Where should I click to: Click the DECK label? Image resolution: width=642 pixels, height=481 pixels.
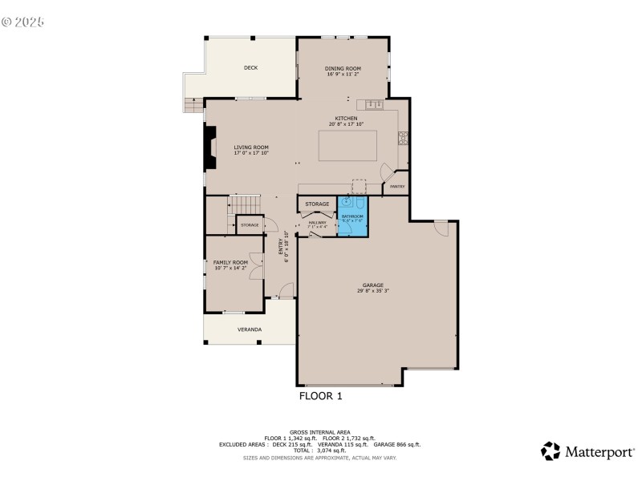(x=250, y=68)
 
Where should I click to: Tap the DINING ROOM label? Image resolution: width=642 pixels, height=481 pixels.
(x=343, y=68)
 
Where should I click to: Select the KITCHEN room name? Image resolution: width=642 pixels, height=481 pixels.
(x=346, y=119)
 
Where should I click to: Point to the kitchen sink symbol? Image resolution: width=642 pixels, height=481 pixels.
(x=375, y=104)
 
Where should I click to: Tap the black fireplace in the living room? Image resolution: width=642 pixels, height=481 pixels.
(x=210, y=150)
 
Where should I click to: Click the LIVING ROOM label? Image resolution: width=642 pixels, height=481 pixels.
(x=250, y=147)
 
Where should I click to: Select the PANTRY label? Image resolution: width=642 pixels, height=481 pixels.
(x=396, y=186)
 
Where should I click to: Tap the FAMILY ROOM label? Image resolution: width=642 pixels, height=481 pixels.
(x=230, y=262)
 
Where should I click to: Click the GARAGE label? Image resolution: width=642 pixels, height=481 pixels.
(x=372, y=285)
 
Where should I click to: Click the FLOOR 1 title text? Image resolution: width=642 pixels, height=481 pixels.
(x=321, y=395)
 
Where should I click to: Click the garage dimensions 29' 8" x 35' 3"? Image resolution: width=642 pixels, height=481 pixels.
(x=373, y=291)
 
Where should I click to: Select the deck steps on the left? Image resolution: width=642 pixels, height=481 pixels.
(x=191, y=104)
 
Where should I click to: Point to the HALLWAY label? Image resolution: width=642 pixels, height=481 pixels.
(x=318, y=222)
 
